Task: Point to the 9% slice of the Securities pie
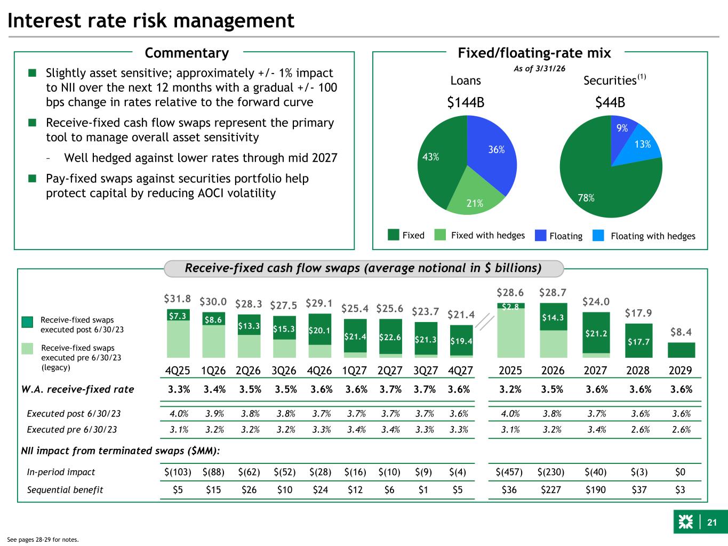(623, 127)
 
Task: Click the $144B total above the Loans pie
(466, 102)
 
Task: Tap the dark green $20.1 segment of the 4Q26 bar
(320, 330)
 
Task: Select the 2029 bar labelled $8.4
(681, 350)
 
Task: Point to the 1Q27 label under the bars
(354, 371)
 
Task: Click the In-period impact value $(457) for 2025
(509, 472)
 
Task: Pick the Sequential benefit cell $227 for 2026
(552, 489)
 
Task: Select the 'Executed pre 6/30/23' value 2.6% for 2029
(680, 429)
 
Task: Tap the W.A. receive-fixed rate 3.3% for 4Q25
(179, 389)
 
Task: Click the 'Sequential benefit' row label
(65, 489)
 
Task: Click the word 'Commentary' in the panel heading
(187, 53)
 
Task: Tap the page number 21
(711, 523)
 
